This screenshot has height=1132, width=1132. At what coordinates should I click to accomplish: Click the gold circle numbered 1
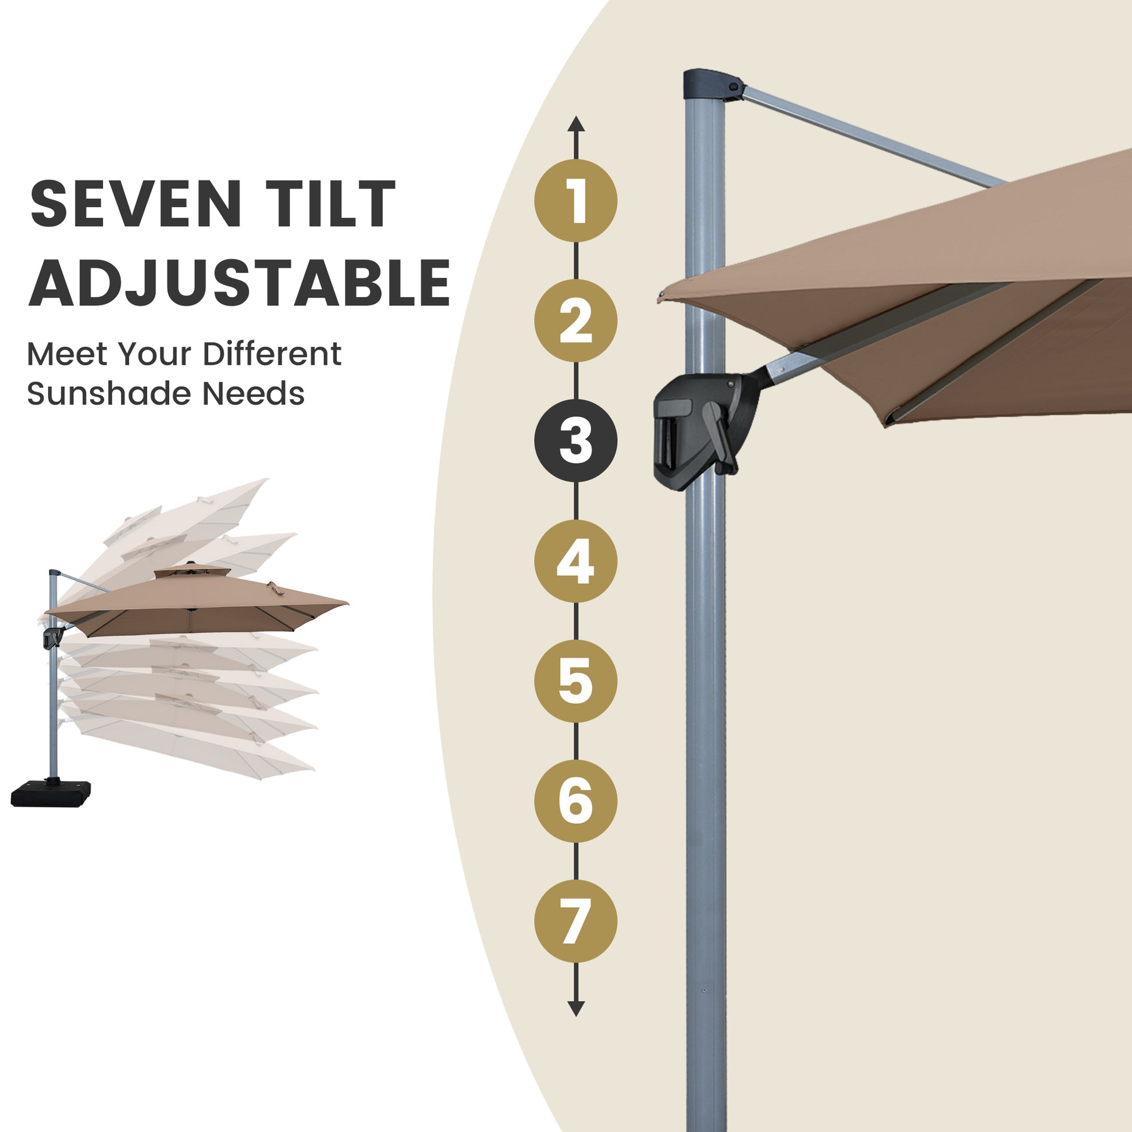(575, 200)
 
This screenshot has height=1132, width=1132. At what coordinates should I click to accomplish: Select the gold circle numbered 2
(575, 321)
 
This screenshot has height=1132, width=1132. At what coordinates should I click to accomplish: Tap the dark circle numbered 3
(575, 440)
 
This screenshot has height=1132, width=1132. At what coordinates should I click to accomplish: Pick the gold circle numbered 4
(575, 561)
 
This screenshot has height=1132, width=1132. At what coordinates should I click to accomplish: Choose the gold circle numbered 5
(575, 681)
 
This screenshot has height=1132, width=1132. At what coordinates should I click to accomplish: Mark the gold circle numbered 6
(575, 801)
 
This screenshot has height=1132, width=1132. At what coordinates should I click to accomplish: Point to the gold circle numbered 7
(575, 921)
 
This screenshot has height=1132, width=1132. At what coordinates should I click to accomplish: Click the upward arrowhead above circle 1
(576, 124)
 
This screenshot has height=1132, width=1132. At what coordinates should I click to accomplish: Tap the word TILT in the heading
(331, 204)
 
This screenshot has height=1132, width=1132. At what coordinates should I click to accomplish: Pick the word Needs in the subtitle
(254, 393)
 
